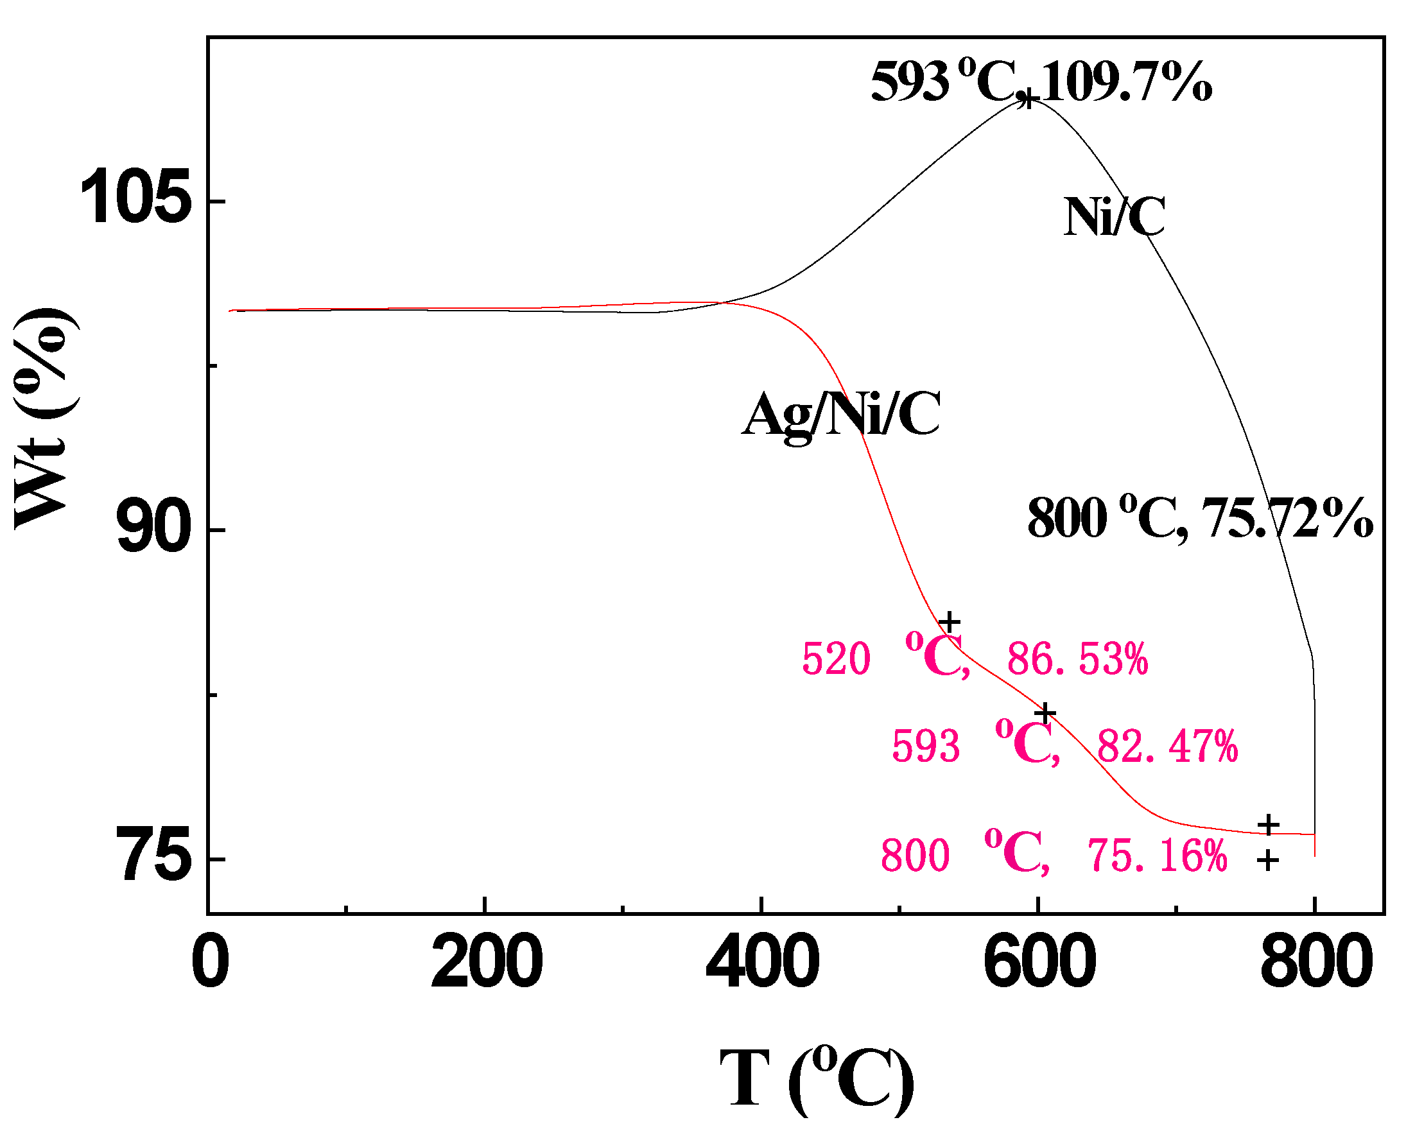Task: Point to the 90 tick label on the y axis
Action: [x=153, y=526]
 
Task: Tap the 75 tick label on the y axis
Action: [x=153, y=856]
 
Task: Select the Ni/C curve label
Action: [x=1114, y=216]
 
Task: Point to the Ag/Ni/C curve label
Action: [x=842, y=415]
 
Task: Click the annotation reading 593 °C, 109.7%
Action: [x=1041, y=82]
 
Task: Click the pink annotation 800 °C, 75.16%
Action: [x=1054, y=855]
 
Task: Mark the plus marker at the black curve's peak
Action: [x=1029, y=100]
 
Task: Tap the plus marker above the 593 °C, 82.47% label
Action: [x=1045, y=712]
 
